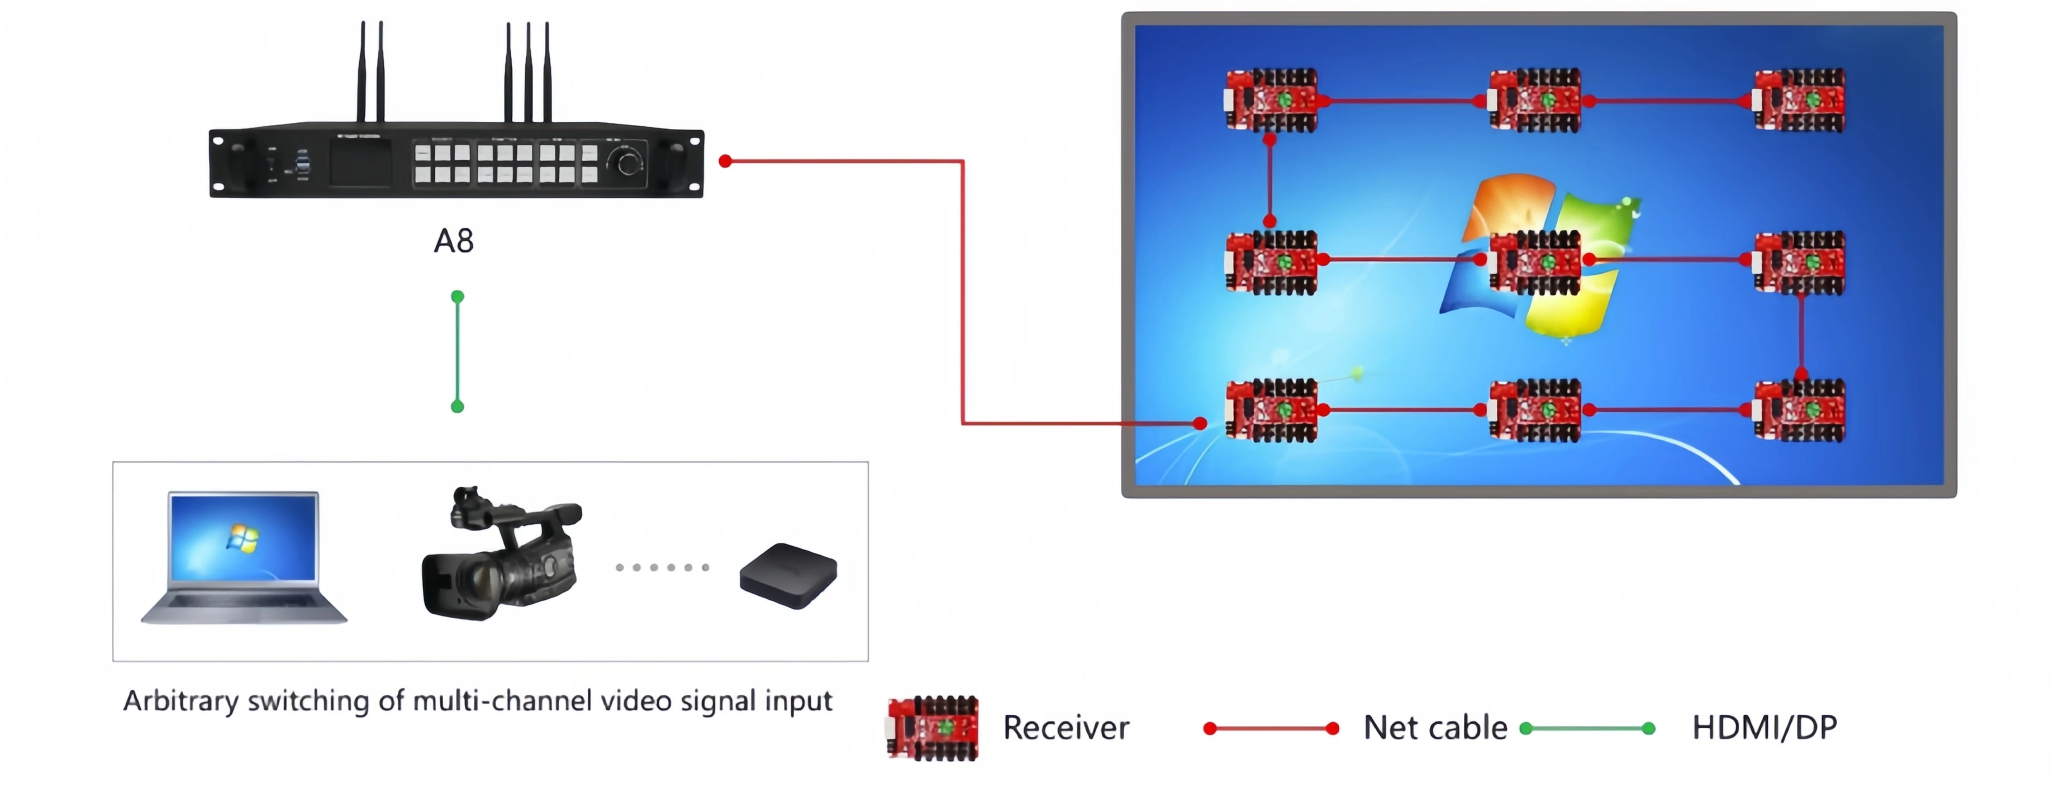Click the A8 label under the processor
[454, 241]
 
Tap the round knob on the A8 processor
[627, 163]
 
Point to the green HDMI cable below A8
[458, 351]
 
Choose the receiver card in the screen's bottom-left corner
[1271, 410]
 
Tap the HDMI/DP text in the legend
[1765, 728]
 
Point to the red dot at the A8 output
[725, 161]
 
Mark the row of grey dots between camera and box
[663, 567]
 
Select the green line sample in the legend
[1587, 728]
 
